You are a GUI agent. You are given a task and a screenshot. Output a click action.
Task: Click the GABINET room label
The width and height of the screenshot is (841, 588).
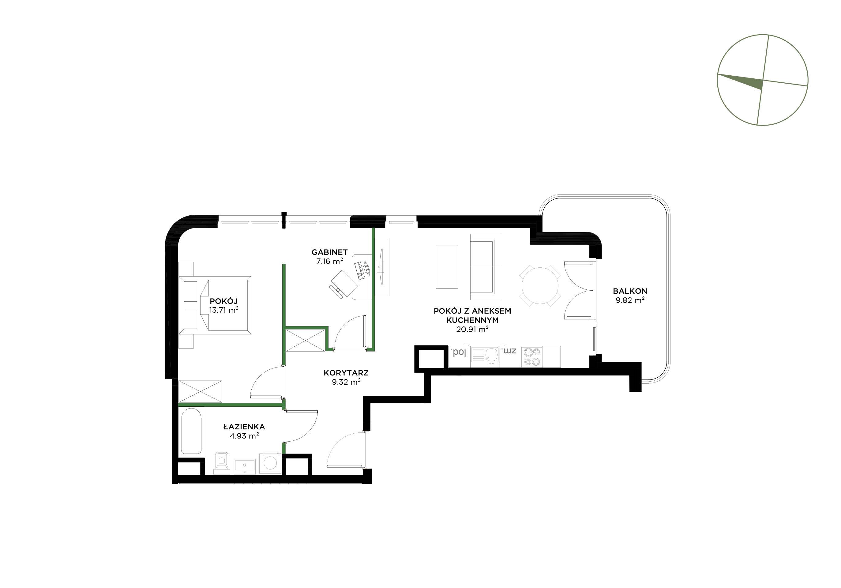point(329,252)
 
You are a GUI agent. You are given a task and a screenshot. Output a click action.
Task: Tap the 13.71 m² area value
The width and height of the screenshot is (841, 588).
point(224,310)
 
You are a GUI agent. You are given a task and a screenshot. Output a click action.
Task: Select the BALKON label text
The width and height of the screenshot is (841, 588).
point(630,291)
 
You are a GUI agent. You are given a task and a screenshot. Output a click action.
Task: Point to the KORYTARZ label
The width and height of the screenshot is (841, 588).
point(346,373)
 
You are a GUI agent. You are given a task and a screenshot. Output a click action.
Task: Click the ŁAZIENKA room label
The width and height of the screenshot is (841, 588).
point(244,427)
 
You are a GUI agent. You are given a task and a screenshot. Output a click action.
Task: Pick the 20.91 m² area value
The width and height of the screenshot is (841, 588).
point(472,329)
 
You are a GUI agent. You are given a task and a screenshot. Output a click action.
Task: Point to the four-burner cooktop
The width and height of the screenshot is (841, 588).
point(532,357)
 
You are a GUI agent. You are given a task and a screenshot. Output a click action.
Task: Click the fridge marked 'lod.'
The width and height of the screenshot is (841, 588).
point(459,357)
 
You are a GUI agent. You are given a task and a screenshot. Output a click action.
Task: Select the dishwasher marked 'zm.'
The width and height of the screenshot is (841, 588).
point(510,357)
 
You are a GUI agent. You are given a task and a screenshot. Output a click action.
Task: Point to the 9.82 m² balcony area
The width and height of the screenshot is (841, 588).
point(630,300)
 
